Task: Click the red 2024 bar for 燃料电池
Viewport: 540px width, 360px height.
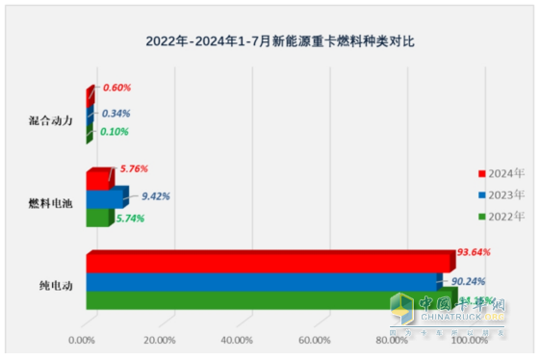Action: (98, 179)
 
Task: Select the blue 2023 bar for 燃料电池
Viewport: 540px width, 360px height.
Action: (104, 198)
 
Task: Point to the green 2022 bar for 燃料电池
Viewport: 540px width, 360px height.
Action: (97, 217)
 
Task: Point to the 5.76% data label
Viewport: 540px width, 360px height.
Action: (133, 168)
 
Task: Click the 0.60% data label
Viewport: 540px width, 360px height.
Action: (116, 88)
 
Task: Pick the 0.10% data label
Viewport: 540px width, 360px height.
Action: (116, 132)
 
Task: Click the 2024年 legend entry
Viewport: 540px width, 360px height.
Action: (504, 173)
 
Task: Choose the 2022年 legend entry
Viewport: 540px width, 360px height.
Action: (504, 216)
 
